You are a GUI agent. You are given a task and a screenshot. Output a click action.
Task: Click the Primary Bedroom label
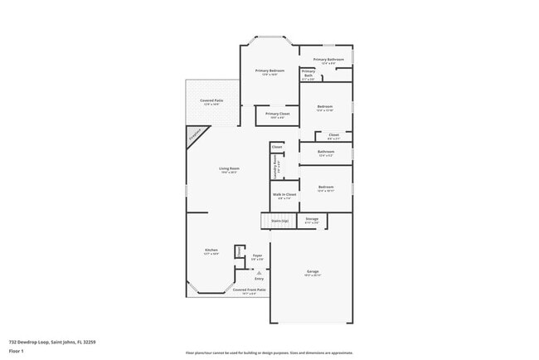click(x=269, y=71)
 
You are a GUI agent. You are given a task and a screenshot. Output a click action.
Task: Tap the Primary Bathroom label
click(x=328, y=60)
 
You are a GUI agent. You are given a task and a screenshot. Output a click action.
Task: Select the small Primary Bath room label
click(x=308, y=73)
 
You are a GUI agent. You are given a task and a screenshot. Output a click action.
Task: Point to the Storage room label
click(x=312, y=220)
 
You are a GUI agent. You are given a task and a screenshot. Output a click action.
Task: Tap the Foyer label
click(x=258, y=256)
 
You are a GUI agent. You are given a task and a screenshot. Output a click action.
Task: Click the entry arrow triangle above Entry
click(x=259, y=271)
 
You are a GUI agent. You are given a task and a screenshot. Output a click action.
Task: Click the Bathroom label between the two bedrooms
click(x=326, y=152)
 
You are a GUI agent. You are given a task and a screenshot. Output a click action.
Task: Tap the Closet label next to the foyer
click(x=238, y=251)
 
